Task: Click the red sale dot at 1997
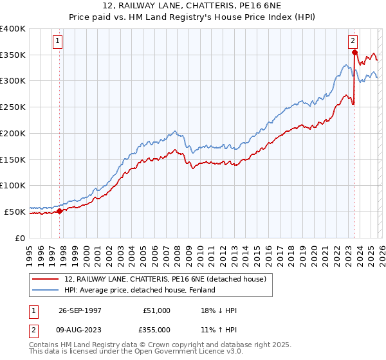click(x=60, y=210)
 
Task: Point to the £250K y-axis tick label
click(x=13, y=107)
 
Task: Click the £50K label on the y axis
click(x=15, y=211)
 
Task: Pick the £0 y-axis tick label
click(x=20, y=237)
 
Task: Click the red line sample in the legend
click(x=46, y=278)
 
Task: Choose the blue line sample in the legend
click(x=46, y=290)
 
